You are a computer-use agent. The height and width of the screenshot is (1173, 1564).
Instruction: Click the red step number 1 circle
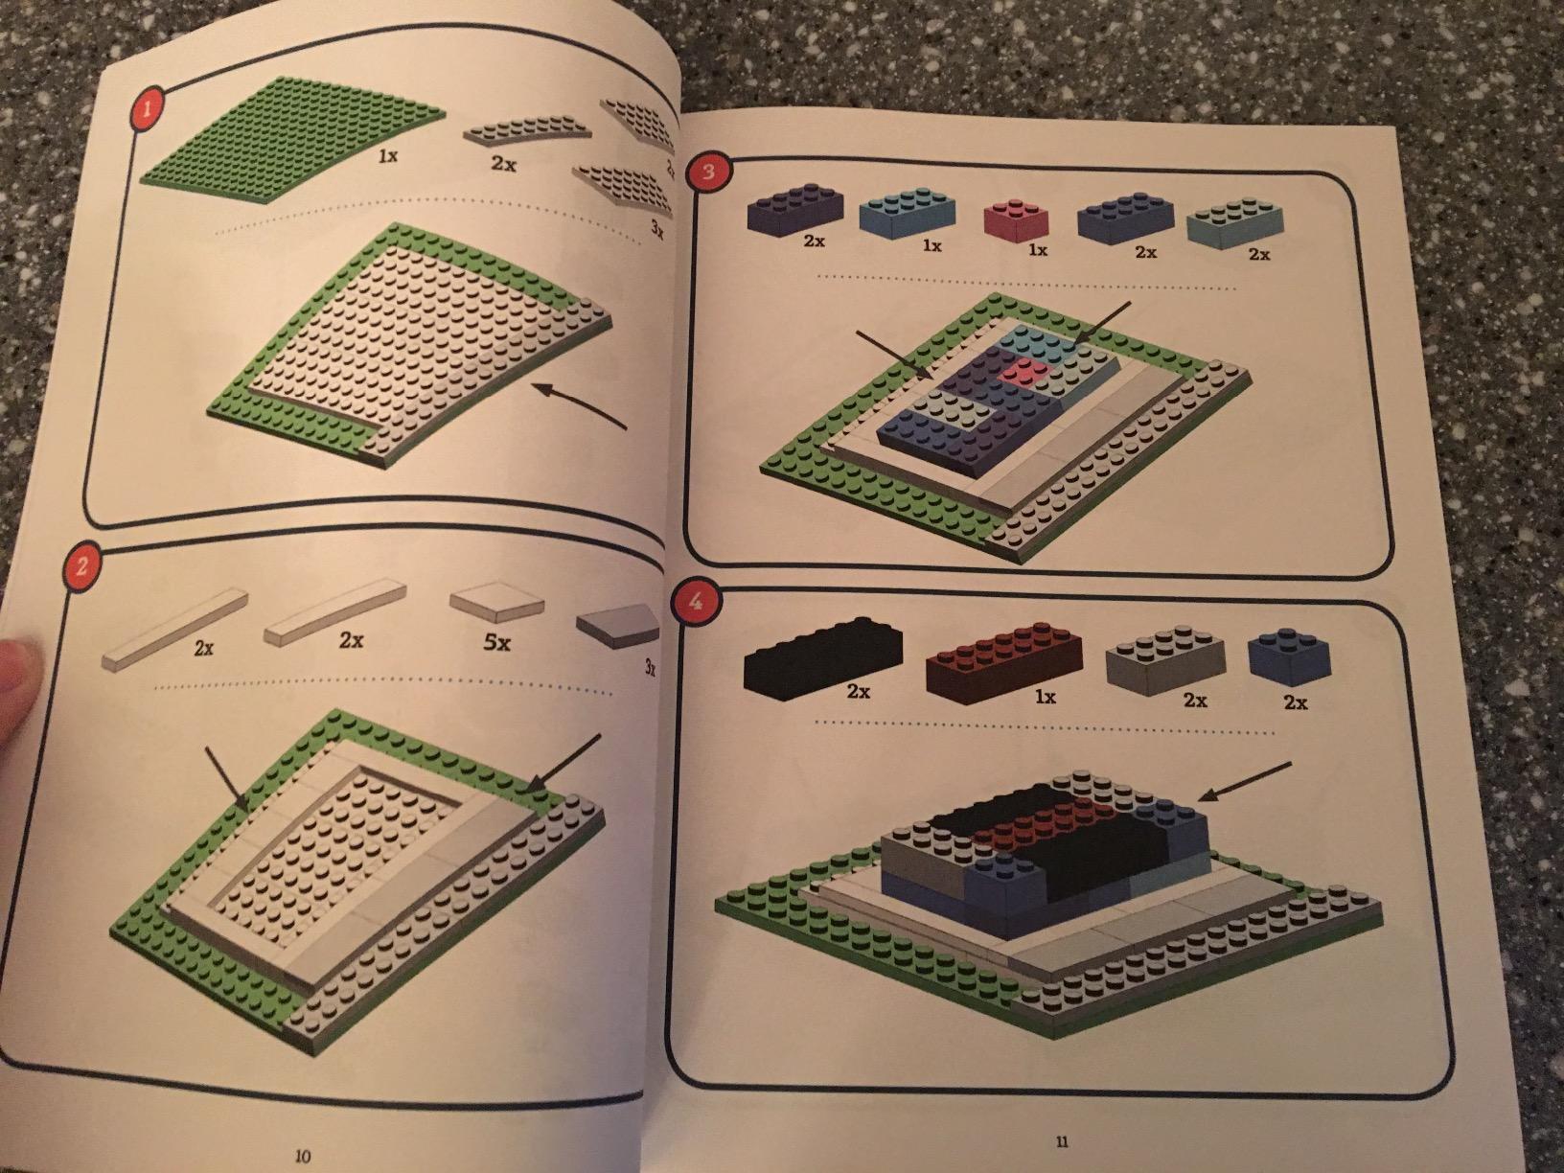(x=149, y=110)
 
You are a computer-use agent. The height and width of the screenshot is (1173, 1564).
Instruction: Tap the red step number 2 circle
(x=81, y=567)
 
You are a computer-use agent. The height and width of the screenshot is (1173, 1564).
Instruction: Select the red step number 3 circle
(x=707, y=173)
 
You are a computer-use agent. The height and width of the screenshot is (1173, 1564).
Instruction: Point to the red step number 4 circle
(x=696, y=603)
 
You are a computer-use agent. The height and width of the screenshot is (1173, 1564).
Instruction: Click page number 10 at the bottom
(x=303, y=1156)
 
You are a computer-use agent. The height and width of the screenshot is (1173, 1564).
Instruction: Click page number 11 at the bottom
(x=1061, y=1141)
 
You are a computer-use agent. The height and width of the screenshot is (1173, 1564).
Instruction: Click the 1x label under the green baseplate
(x=387, y=156)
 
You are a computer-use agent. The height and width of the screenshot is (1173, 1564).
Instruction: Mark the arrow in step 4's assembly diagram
(x=1246, y=783)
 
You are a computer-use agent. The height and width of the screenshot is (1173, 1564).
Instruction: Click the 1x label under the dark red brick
(x=1045, y=698)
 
